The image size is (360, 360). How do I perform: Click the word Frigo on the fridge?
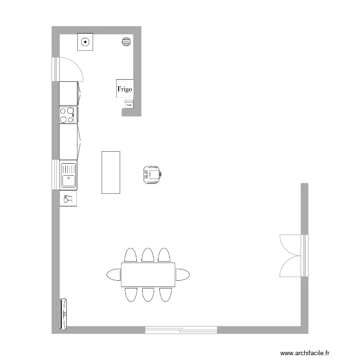click(x=124, y=89)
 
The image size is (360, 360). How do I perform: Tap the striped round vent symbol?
click(x=126, y=42)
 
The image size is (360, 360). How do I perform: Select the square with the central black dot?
click(x=85, y=42)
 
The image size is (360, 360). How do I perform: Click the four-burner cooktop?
click(x=67, y=115)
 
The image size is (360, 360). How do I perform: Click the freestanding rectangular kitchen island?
click(x=110, y=172)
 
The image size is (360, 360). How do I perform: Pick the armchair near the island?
click(x=153, y=175)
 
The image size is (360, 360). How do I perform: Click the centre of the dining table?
click(x=148, y=275)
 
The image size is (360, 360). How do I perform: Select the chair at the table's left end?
click(x=114, y=275)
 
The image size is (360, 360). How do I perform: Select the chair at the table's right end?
click(x=182, y=275)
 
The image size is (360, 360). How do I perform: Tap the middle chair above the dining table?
click(x=147, y=255)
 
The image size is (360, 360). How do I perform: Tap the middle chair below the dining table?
click(x=147, y=294)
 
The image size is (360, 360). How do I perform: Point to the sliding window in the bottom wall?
click(x=181, y=330)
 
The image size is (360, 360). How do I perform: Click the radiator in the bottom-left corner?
click(x=64, y=314)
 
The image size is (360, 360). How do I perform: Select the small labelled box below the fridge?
click(x=129, y=104)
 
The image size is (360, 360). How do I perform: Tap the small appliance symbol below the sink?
click(x=68, y=198)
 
